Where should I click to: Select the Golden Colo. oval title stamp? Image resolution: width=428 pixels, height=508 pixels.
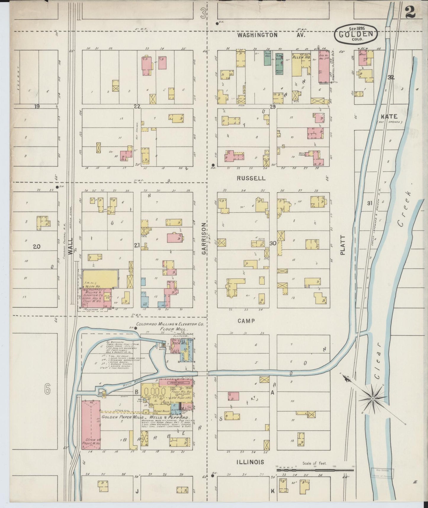(356, 35)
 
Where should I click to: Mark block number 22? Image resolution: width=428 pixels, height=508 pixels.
(137, 106)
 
